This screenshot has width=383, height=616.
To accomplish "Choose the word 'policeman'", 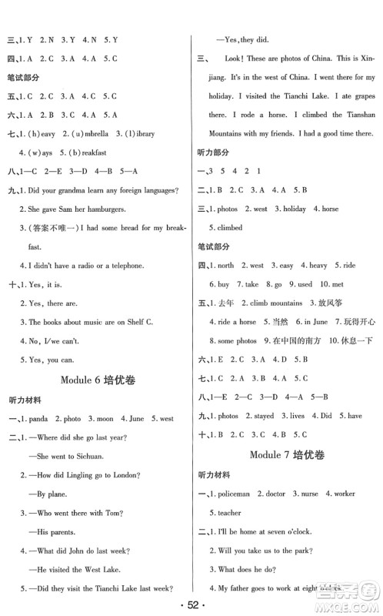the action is tap(232, 493).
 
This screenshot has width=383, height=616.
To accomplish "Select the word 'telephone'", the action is tap(122, 266).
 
